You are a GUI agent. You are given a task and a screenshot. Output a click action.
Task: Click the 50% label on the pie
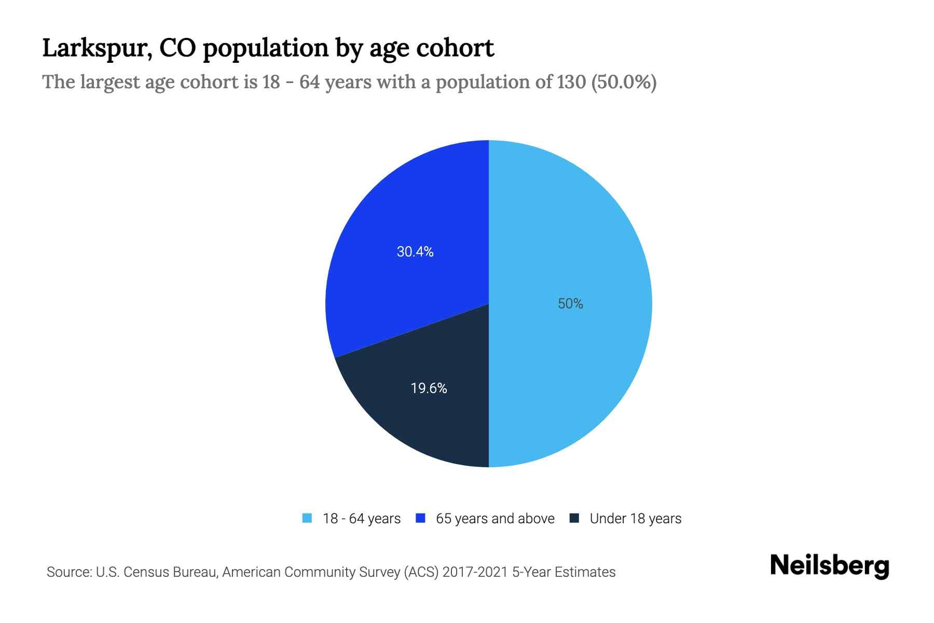[x=570, y=304]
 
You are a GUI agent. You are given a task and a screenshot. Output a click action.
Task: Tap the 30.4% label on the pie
[x=415, y=252]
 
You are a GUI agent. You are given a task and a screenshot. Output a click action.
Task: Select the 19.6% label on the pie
[x=429, y=388]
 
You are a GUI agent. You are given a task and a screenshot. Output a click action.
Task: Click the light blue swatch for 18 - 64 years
[x=307, y=518]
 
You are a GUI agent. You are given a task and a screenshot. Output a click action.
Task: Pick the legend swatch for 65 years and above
[x=421, y=518]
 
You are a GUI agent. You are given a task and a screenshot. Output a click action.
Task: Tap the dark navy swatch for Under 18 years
[x=574, y=518]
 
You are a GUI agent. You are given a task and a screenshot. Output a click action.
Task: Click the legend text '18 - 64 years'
[x=362, y=519]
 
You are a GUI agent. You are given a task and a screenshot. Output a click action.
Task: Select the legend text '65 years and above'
[x=495, y=519]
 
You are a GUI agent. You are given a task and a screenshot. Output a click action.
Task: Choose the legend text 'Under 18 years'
[x=636, y=519]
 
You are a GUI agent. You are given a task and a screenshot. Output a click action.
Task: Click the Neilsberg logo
[x=829, y=566]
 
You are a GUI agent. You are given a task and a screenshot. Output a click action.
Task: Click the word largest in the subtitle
[x=110, y=82]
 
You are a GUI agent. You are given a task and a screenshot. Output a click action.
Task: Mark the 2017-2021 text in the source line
[x=475, y=572]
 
